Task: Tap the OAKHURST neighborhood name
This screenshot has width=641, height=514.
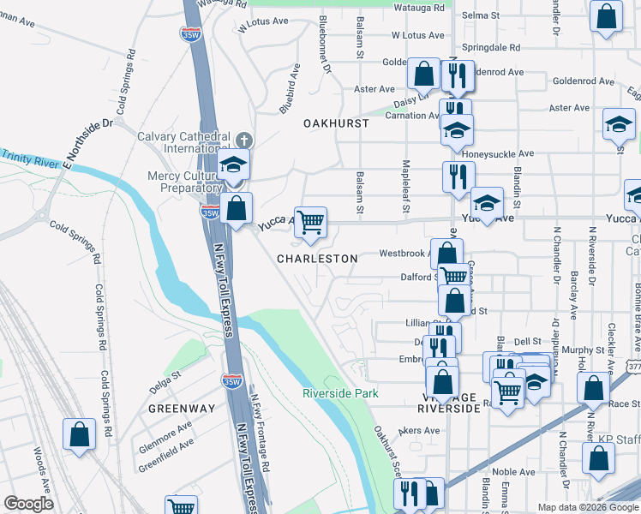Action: [336, 123]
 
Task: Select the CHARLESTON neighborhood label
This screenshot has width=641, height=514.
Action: [317, 259]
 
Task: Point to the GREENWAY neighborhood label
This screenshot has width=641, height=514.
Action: [181, 409]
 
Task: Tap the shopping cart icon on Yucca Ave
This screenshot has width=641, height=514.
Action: [310, 222]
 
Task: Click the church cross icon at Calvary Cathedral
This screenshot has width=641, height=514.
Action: [243, 139]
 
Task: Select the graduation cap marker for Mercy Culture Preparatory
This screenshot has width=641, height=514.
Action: [232, 166]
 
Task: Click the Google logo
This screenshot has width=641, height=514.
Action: [28, 504]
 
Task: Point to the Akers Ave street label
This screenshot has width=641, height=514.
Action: [419, 431]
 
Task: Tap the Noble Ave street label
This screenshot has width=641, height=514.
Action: [513, 472]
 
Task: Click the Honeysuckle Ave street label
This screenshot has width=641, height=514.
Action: [503, 154]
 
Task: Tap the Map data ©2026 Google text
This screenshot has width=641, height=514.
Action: [587, 507]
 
